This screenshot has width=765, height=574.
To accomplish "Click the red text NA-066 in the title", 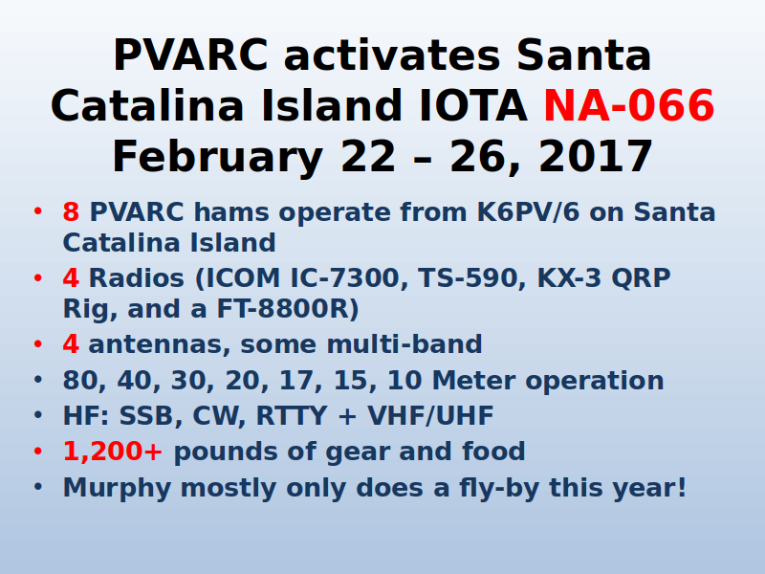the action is pos(629,105).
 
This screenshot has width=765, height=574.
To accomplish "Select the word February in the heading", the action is pos(217,157).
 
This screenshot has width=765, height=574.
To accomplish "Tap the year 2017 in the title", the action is pos(596,156).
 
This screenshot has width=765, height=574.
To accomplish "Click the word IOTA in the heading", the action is pos(473,105).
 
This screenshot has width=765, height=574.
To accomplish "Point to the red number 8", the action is pos(71,212).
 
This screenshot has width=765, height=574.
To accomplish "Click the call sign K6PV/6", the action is pos(529,211).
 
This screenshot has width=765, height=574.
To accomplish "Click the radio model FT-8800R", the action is pos(283,309).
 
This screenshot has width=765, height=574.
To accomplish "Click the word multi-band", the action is pos(404,344).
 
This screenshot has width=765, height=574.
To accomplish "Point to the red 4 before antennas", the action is pos(71,344).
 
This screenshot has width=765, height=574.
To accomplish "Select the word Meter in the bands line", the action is pos(473,380).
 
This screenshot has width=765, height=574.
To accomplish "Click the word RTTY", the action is pos(292,416).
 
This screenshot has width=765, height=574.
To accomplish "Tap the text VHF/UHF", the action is pos(430,416).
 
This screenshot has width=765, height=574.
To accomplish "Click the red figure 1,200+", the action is pos(113,452).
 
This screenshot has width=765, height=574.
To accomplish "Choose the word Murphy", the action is pos(117,488).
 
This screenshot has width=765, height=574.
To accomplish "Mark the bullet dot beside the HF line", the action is pos(38,416).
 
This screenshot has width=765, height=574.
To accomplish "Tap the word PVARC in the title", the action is pos(190,55).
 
